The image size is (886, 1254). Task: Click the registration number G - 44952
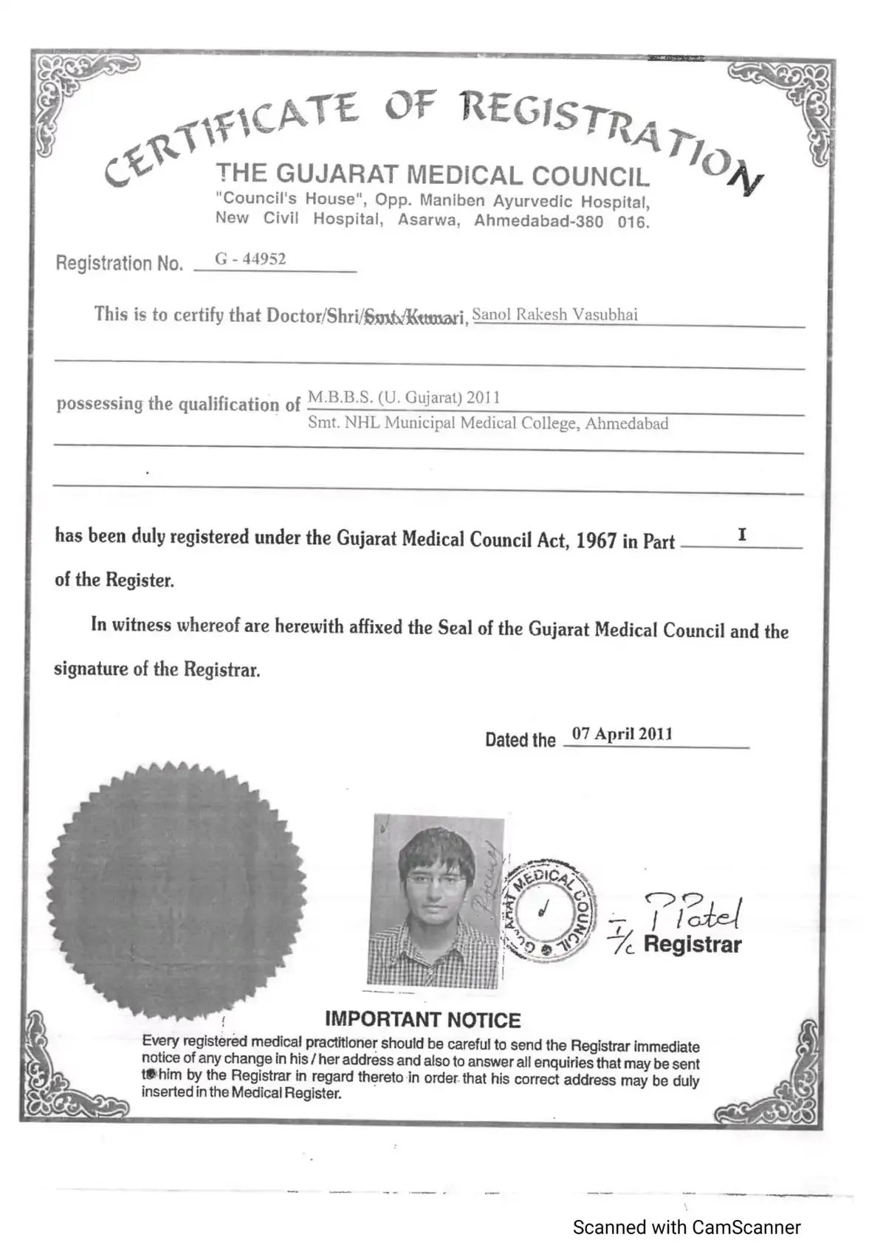(250, 259)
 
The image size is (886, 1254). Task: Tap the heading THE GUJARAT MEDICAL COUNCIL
(433, 175)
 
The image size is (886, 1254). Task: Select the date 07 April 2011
(622, 734)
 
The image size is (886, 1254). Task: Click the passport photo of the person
(436, 902)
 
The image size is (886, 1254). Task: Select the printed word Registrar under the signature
(692, 945)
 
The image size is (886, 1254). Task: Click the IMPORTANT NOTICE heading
(422, 1020)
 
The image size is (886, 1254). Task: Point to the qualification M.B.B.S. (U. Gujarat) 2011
(404, 397)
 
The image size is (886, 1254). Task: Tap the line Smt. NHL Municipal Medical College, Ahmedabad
(488, 424)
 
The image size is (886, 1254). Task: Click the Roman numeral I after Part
(742, 535)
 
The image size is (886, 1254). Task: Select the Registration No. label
(119, 264)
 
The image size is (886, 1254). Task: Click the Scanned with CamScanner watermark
(687, 1227)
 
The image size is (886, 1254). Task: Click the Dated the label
(520, 740)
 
